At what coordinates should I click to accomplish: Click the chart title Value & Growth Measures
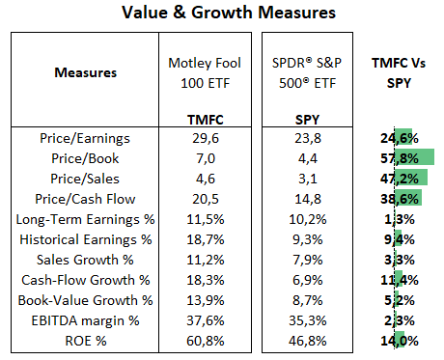[221, 14]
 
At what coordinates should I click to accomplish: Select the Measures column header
[85, 71]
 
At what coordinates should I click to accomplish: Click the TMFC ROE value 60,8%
[196, 340]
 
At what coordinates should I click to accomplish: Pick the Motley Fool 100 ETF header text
[196, 71]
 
